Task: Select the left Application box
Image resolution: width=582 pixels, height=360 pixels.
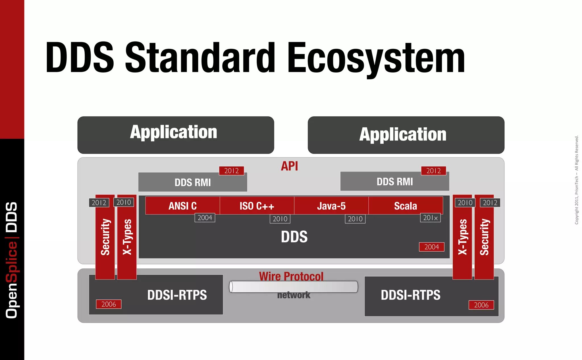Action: click(176, 135)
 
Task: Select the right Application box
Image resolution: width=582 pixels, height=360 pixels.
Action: click(406, 135)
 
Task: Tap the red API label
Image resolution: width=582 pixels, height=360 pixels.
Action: click(289, 166)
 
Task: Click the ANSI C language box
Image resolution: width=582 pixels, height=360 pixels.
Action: click(182, 206)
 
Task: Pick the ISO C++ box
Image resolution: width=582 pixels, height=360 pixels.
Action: click(257, 206)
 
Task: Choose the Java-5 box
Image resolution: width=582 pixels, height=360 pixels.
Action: click(331, 206)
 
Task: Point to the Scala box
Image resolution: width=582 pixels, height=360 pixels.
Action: click(406, 206)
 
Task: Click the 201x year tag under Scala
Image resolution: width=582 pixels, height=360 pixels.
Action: click(430, 218)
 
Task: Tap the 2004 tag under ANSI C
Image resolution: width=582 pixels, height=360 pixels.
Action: click(205, 218)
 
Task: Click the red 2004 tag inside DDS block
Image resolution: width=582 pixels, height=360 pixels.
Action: click(431, 247)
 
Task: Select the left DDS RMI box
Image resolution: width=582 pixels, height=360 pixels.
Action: click(193, 182)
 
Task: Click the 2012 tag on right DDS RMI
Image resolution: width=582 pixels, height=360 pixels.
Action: click(433, 171)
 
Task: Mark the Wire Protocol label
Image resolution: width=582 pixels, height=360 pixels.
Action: click(291, 276)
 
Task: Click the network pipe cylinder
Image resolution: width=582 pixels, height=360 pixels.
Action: click(293, 287)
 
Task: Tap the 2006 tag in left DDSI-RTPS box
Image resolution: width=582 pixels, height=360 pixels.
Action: click(109, 304)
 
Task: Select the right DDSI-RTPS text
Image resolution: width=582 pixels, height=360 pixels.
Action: click(410, 295)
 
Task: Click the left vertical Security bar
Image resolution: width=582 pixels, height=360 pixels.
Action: click(105, 237)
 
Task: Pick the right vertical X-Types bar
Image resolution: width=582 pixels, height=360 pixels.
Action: click(462, 237)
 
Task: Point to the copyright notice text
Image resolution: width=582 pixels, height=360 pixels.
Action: click(576, 180)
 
